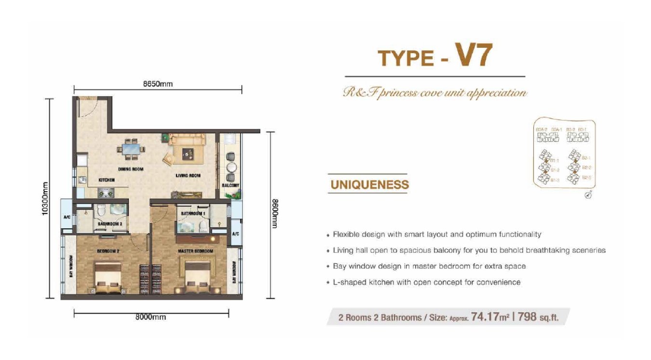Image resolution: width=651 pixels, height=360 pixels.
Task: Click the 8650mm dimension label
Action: (158, 83)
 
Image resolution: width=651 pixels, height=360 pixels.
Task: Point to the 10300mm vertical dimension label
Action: (46, 198)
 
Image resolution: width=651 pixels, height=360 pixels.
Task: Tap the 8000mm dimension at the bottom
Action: (150, 317)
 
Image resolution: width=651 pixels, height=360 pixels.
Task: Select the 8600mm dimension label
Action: (275, 213)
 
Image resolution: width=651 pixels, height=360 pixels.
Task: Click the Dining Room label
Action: (131, 169)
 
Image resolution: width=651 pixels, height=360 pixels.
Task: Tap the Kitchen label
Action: (107, 180)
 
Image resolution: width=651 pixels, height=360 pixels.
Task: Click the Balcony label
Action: (231, 185)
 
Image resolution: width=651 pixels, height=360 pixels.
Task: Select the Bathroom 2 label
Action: (109, 224)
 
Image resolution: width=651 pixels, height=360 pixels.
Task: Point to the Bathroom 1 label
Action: (193, 213)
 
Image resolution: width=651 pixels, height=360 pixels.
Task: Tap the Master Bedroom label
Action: (195, 251)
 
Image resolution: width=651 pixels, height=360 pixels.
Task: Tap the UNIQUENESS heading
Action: (369, 184)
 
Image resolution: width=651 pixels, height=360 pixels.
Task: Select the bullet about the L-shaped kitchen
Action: (427, 282)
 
